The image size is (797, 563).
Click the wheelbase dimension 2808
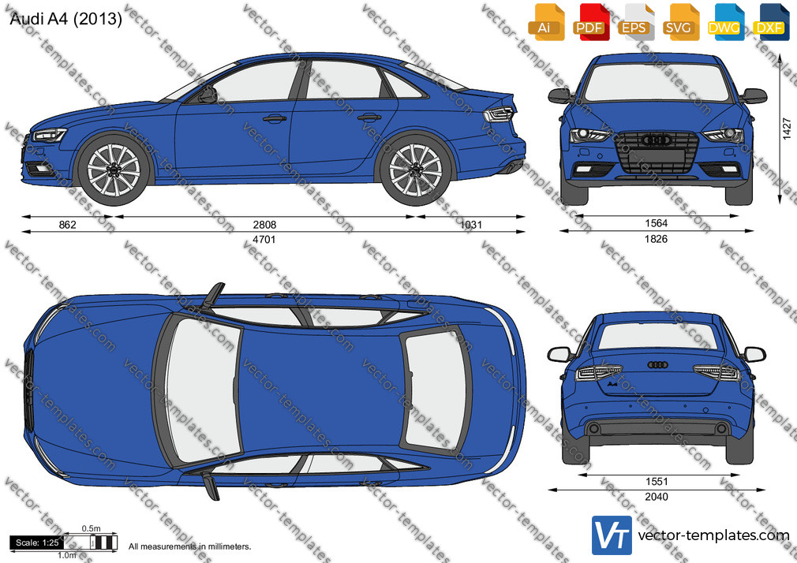point(265,224)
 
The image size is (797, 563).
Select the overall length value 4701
point(264,240)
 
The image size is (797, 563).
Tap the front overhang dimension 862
point(68,224)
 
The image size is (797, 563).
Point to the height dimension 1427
point(787,129)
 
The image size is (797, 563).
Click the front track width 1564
point(657,223)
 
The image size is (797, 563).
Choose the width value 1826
point(657,239)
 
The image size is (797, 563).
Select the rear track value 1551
point(657,481)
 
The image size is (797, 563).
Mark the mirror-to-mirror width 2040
point(657,497)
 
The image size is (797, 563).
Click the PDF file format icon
point(589,22)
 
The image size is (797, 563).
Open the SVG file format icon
point(679,22)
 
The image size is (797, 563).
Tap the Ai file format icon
point(546,22)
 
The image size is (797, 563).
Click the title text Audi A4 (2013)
point(66,19)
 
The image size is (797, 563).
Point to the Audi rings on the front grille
point(657,140)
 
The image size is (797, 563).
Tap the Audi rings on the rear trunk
point(658,364)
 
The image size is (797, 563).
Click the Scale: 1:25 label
point(37,542)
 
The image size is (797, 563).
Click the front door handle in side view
point(275,119)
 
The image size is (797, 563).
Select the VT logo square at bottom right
point(612,535)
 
